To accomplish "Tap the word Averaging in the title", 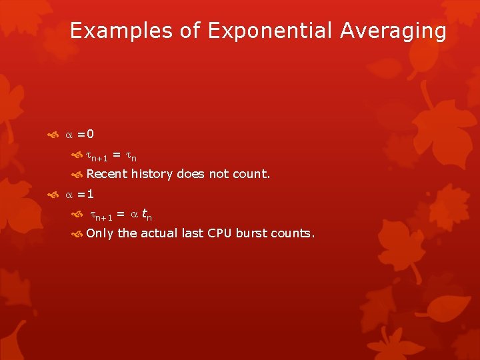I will [395, 31].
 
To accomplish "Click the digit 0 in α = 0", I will [89, 135].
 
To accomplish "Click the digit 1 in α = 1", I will [89, 195].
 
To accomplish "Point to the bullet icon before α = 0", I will [53, 135].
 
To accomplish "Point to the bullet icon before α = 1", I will [53, 195].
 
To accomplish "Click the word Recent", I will [107, 174].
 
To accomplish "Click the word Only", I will [100, 233].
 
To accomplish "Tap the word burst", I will [252, 233].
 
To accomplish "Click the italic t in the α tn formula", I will [143, 214].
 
